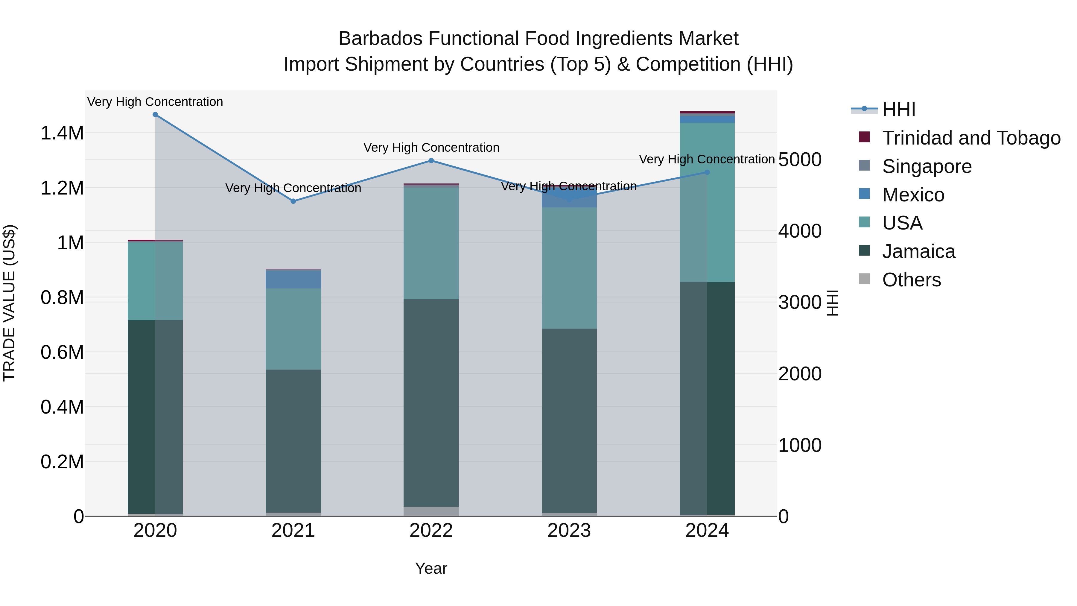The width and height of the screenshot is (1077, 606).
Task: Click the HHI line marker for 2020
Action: point(155,115)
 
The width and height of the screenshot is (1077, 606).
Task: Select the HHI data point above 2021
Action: point(293,201)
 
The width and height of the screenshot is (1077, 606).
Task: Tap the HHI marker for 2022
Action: point(431,161)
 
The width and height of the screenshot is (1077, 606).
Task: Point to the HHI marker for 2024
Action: point(707,172)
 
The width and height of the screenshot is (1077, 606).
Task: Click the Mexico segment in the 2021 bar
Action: point(293,280)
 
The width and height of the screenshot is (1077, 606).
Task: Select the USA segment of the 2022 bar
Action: point(431,243)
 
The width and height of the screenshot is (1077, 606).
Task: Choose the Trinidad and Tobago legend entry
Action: point(971,138)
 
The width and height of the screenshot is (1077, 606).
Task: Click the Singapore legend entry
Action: point(927,166)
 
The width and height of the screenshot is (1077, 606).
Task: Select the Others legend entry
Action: point(912,280)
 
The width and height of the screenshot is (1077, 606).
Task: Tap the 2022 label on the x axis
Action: point(431,531)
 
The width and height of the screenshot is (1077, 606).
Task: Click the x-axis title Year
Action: point(431,568)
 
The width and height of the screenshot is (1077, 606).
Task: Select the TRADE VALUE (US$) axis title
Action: point(9,303)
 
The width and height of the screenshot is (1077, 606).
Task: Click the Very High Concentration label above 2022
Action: point(431,148)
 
